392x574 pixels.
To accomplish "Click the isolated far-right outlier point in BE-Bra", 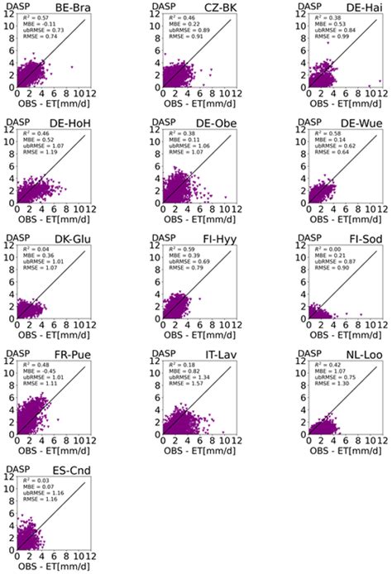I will tap(72, 67).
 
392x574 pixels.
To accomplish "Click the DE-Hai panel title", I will tap(361, 7).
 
